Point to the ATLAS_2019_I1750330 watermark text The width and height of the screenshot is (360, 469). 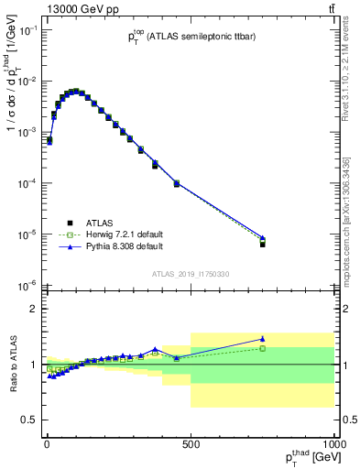coord(191,274)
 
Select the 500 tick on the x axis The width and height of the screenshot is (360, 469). coord(191,444)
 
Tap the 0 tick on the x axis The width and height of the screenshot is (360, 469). coord(47,444)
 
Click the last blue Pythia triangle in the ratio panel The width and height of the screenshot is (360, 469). coord(263,339)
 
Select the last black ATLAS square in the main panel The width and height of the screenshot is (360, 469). coord(263,245)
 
